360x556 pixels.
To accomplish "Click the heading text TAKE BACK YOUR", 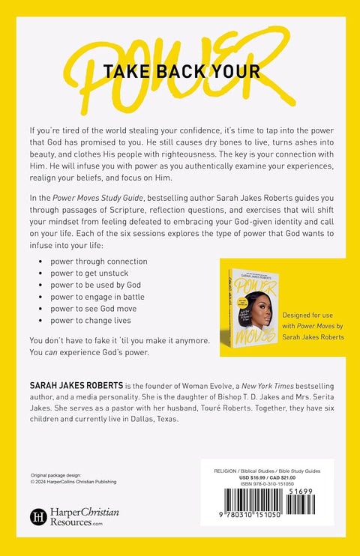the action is pyautogui.click(x=182, y=71).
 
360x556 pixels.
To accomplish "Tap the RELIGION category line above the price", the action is pyautogui.click(x=265, y=471).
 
